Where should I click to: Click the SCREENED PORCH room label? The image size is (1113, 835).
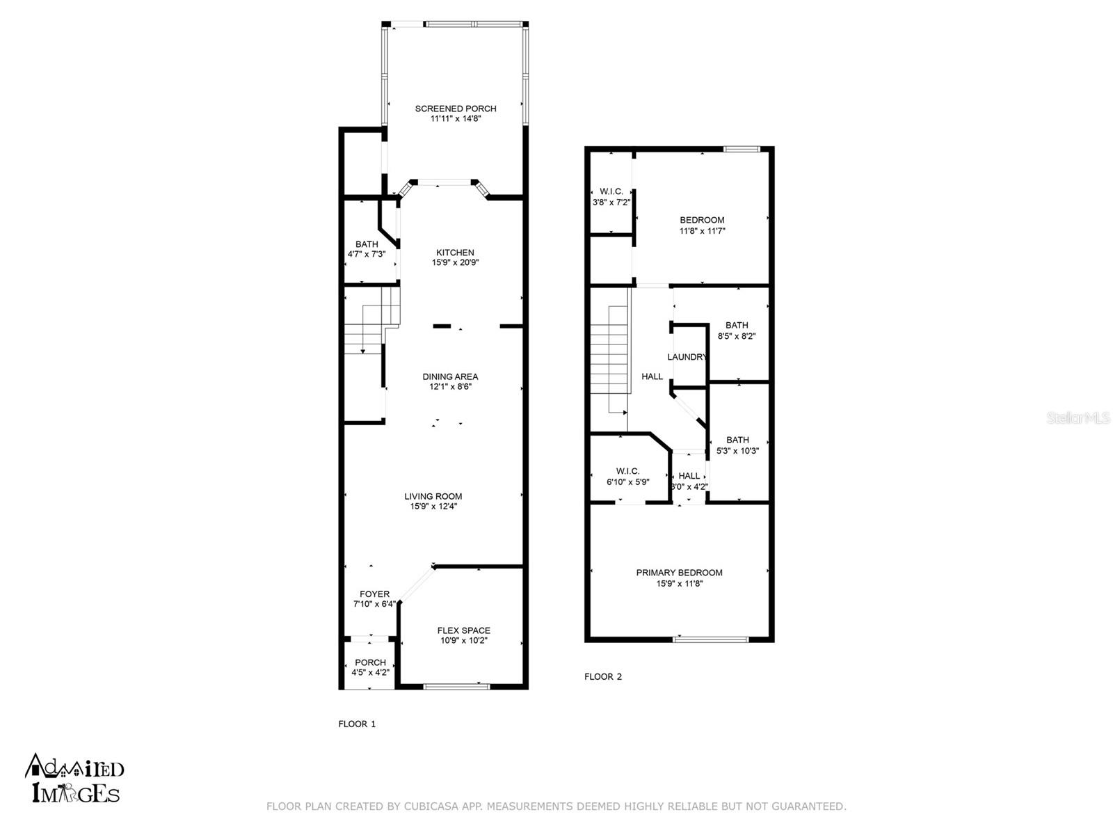click(x=456, y=109)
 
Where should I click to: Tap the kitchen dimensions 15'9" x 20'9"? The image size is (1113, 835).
click(x=455, y=262)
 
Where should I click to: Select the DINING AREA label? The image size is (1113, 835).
click(x=450, y=376)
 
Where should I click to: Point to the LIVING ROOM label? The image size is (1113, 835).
click(x=433, y=496)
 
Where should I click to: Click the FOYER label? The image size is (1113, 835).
click(x=375, y=594)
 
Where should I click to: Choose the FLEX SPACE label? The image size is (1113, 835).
click(x=463, y=630)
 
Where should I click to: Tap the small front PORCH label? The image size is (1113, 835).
click(x=370, y=662)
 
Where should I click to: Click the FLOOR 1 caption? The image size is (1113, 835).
click(x=357, y=724)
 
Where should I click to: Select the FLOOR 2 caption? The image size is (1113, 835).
click(x=603, y=676)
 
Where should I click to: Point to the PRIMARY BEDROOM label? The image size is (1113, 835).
click(x=679, y=573)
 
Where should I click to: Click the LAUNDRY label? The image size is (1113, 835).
click(x=687, y=357)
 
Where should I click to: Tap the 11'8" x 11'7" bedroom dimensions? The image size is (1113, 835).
click(x=703, y=231)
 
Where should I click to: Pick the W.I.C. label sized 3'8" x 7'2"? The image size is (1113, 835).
click(x=611, y=191)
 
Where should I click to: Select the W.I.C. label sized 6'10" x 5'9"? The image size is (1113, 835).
click(x=627, y=472)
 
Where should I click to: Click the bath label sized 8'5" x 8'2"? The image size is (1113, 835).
click(x=736, y=325)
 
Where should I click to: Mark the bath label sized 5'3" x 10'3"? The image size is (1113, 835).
click(x=737, y=440)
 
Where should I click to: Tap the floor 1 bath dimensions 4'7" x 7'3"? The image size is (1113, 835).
click(x=366, y=255)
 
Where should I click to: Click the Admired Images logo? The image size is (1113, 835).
click(x=74, y=778)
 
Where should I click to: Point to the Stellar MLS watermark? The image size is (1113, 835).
click(x=1078, y=417)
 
